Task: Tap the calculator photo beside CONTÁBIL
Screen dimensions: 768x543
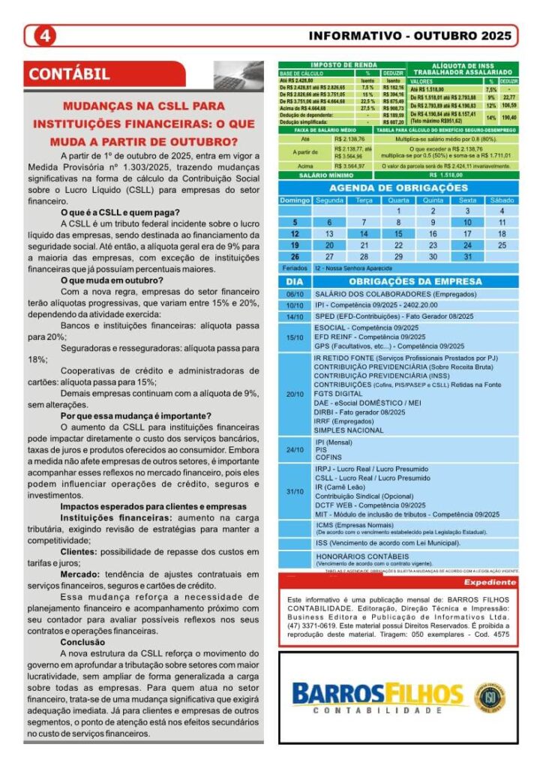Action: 238,75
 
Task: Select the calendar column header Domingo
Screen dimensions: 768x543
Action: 295,200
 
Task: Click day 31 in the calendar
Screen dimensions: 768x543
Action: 467,256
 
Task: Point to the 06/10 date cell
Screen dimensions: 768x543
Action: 295,294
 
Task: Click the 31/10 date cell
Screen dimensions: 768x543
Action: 295,491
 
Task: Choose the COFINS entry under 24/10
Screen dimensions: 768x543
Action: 328,457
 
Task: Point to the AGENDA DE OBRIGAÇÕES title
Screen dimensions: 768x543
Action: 398,187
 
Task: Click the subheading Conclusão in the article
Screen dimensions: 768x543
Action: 83,642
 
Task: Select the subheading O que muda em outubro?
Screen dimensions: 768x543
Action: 112,280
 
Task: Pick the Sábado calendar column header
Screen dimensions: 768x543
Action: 502,200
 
